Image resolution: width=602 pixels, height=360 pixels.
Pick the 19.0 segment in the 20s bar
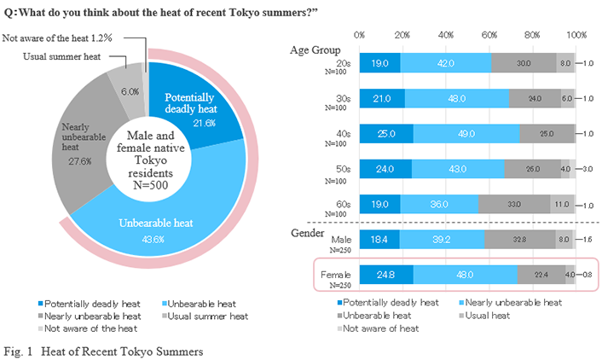tap(379, 62)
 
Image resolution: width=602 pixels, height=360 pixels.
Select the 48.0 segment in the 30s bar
tap(456, 98)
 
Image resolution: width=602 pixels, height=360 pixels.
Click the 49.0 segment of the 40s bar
tap(466, 134)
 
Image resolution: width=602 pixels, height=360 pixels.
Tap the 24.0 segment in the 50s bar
tap(385, 169)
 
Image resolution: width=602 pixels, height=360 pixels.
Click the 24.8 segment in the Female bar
tap(386, 275)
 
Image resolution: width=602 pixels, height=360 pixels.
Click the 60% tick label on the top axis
tap(489, 35)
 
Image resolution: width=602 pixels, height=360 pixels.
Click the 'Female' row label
tap(335, 275)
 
